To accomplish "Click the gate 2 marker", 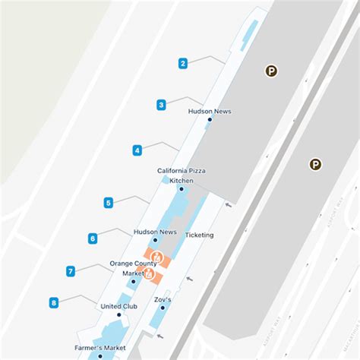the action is [x=183, y=64].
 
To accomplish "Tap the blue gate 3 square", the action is [x=162, y=105].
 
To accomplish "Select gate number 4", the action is [x=137, y=150].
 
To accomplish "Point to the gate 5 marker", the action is [x=109, y=203].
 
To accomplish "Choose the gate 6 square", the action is [x=93, y=238].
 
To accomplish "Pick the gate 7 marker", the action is [x=70, y=271].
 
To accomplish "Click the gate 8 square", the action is [x=54, y=303].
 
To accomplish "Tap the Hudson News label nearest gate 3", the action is [x=210, y=112].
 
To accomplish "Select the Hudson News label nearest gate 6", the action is [x=155, y=232].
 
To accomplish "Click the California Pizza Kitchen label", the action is [x=182, y=175].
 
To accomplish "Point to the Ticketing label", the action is [x=199, y=235].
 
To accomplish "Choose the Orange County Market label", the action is [x=133, y=268].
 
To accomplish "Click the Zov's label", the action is [x=163, y=299].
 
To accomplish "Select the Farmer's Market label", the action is [x=100, y=348].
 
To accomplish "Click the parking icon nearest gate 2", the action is [x=271, y=71].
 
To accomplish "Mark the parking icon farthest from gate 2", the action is [x=314, y=164].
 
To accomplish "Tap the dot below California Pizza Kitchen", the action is [x=181, y=188].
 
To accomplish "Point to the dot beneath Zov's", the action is [x=163, y=308].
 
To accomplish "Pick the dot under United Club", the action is [x=119, y=315].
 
